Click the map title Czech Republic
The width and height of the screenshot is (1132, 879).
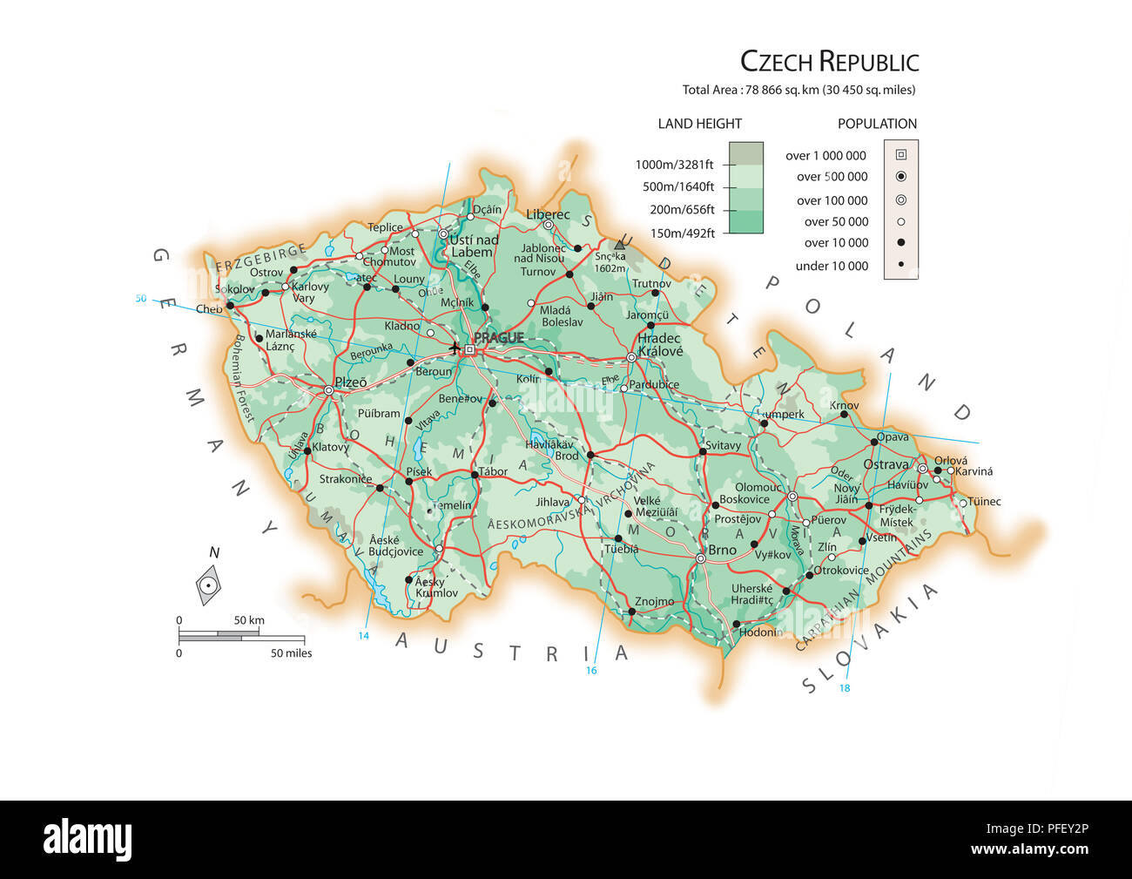pos(829,62)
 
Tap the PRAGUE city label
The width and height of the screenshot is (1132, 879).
pos(499,338)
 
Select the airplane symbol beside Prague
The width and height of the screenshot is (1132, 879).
pos(455,348)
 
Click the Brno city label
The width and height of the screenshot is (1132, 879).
pos(722,550)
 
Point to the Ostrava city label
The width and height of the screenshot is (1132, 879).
pos(886,465)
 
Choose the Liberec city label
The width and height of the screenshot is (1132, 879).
pos(548,214)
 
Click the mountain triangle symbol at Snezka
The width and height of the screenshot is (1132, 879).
pos(621,245)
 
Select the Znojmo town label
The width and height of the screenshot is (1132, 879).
pos(654,601)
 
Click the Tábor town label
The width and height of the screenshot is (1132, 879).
pos(493,472)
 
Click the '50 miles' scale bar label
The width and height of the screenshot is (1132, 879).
pos(291,652)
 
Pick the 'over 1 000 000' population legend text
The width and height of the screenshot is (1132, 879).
pos(825,156)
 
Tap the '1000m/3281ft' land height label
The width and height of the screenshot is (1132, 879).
pos(674,165)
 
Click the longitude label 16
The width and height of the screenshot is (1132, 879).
pos(591,670)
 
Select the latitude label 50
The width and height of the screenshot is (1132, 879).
pos(141,299)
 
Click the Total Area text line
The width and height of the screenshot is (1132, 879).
pos(798,90)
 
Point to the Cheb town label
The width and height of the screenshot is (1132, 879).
pos(209,309)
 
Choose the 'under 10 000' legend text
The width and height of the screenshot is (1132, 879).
pos(832,266)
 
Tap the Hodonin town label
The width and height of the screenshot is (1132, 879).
pos(758,632)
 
